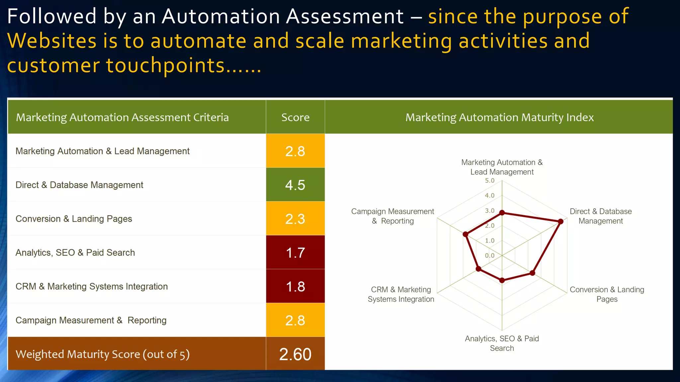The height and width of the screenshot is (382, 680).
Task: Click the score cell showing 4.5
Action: (x=295, y=185)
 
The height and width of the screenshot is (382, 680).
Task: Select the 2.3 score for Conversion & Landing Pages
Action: (x=295, y=219)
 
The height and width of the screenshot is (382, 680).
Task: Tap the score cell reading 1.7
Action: (x=295, y=253)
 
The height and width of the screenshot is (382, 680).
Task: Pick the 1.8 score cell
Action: (x=295, y=286)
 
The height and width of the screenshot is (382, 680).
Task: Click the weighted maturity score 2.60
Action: (x=295, y=354)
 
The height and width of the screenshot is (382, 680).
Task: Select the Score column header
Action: (x=295, y=117)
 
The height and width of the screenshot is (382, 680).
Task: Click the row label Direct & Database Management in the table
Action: (x=79, y=185)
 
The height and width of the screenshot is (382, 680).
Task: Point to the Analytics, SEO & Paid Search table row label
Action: (x=75, y=253)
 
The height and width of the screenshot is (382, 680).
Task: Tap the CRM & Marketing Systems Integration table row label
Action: (x=92, y=286)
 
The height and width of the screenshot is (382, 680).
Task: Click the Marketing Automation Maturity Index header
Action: (x=499, y=117)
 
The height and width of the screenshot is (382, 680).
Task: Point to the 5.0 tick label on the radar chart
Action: (x=489, y=181)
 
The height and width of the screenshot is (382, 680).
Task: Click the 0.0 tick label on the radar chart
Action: (x=489, y=256)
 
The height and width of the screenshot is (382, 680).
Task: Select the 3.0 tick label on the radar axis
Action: (x=489, y=211)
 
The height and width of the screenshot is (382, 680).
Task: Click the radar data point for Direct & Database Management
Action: (x=560, y=222)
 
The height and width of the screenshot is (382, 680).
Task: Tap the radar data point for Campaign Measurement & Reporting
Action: (x=466, y=234)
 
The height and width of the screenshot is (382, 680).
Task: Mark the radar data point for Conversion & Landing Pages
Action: (x=532, y=273)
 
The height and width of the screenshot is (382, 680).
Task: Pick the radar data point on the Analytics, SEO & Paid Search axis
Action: (x=502, y=281)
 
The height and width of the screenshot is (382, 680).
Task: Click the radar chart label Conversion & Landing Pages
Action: (x=607, y=294)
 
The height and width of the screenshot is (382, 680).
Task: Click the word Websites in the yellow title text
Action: (x=52, y=41)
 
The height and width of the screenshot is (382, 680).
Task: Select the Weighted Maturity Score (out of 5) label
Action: (x=103, y=354)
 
